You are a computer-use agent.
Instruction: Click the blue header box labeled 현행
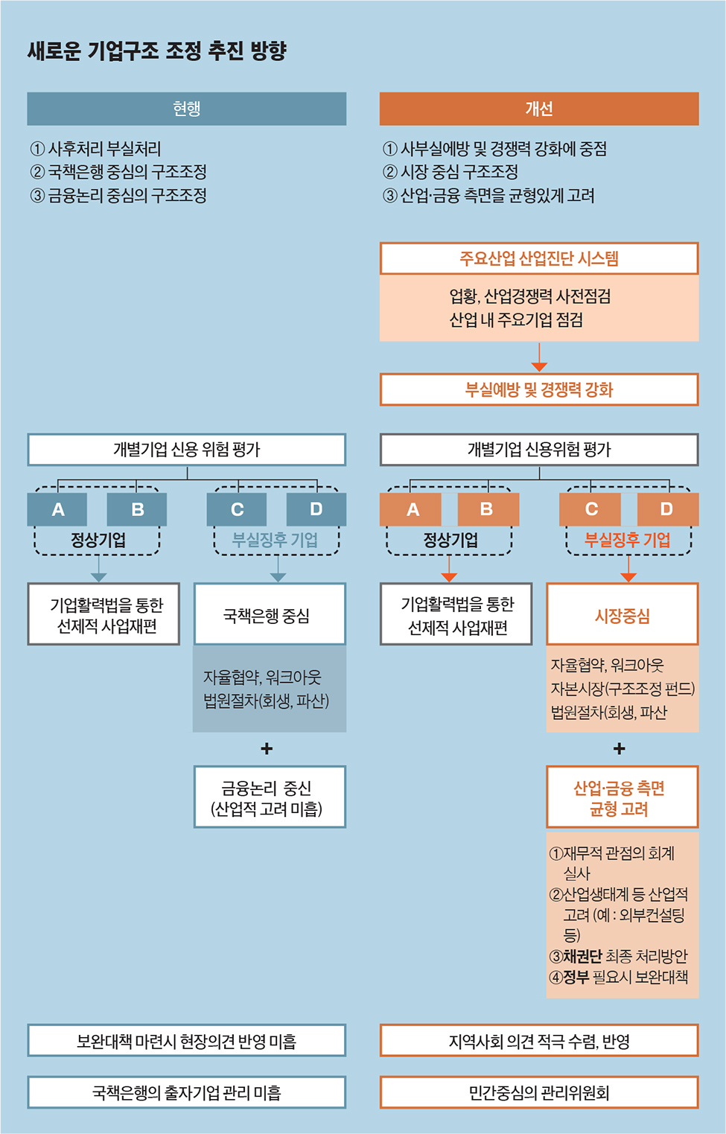[186, 109]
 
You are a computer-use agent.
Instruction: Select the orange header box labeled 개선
[539, 109]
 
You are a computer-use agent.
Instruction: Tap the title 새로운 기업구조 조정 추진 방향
[157, 51]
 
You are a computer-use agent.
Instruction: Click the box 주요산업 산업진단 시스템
[539, 258]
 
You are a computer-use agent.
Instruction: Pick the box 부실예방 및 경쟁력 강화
[539, 389]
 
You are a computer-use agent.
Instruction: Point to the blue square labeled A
[57, 509]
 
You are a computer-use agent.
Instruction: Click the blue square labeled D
[316, 509]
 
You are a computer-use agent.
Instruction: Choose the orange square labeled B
[488, 509]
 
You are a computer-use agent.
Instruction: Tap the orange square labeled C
[590, 509]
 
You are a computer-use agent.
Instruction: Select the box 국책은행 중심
[270, 614]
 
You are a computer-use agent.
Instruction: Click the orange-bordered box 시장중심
[622, 614]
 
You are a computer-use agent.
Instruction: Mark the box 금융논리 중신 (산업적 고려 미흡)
[270, 796]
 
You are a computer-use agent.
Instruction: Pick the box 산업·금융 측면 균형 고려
[622, 796]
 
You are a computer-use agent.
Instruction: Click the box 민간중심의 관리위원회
[539, 1092]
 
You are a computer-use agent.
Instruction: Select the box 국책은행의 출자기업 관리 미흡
[186, 1092]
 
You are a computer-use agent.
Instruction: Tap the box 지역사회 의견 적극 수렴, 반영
[539, 1041]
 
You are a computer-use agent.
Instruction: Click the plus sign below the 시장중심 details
[620, 748]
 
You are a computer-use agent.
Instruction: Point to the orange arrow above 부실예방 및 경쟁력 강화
[539, 357]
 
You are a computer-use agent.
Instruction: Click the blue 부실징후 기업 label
[275, 540]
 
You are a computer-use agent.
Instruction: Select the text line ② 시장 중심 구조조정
[450, 172]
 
